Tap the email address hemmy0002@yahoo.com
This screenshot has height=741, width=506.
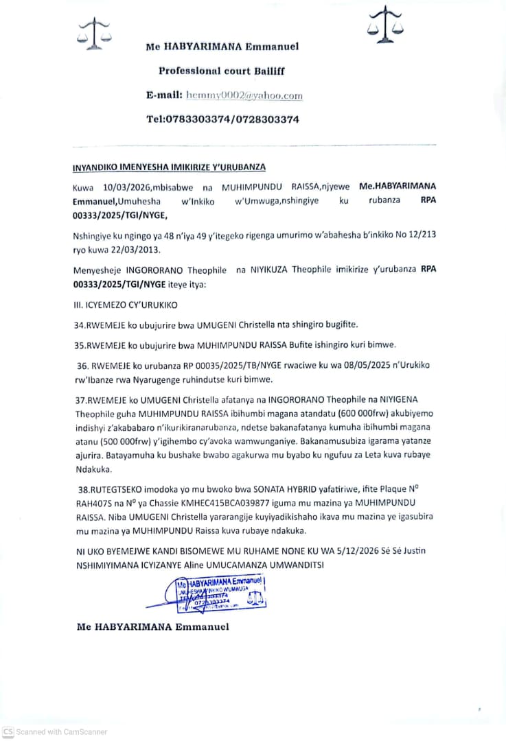pos(244,96)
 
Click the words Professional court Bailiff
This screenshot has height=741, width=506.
pos(222,71)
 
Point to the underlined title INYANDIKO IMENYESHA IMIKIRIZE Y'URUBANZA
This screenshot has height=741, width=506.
pos(169,167)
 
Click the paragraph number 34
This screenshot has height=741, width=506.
pos(79,324)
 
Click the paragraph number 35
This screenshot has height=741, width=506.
pos(79,344)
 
